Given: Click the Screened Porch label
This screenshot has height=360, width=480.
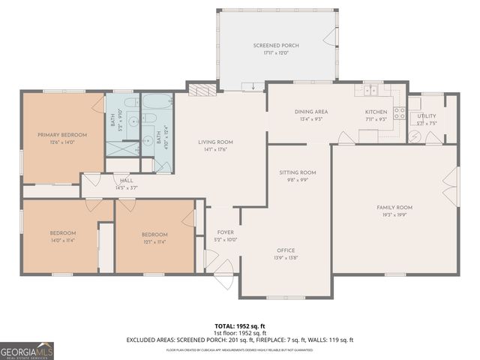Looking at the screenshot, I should coord(275,46).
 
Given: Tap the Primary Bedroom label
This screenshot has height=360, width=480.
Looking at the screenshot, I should coord(63,135).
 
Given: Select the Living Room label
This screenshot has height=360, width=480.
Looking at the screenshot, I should coord(215,142).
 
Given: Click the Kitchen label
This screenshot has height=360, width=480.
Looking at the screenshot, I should coord(376,112).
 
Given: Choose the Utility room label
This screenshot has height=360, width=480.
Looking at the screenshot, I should coord(427,116).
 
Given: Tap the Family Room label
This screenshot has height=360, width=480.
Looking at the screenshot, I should coord(394,207).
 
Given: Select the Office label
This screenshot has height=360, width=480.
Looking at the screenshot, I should coord(285,250).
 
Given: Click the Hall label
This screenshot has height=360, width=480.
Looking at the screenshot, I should coord(126,180).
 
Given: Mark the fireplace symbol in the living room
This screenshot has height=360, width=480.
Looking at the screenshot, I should coord(199,91).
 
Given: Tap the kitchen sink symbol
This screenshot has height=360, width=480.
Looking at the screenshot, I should coord(370,91).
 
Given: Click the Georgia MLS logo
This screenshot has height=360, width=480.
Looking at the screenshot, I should coord(26,350).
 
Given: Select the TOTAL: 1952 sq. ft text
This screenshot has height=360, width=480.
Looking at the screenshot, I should coord(239,326).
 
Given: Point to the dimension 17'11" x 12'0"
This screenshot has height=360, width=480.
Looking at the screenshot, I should coord(275,52).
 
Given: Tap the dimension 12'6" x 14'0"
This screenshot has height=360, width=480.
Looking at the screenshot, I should coord(63,142).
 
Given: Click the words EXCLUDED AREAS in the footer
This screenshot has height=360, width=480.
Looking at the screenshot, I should coord(151,340).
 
